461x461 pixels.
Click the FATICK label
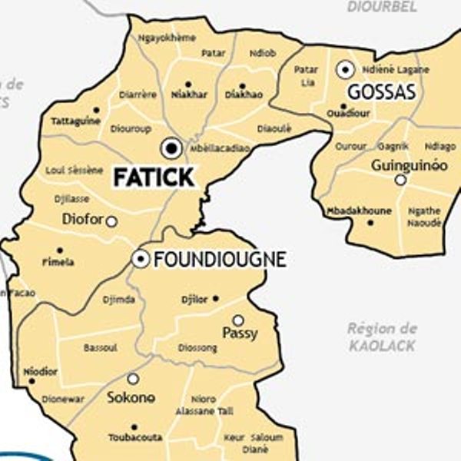(154, 177)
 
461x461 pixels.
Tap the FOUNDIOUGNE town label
(220, 260)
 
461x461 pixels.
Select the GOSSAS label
(382, 92)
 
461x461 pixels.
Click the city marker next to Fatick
(171, 148)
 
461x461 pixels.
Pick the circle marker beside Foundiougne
(141, 259)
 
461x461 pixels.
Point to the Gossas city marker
(346, 69)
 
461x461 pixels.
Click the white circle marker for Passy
(238, 320)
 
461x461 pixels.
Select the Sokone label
(131, 397)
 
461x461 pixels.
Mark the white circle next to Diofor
(111, 221)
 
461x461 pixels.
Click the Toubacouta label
(135, 437)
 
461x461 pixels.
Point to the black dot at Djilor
(215, 299)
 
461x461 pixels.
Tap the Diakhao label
(244, 95)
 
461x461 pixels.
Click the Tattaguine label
(75, 121)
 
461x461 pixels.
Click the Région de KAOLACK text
(382, 337)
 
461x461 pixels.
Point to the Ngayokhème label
(167, 38)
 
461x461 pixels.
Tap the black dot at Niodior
(32, 380)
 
